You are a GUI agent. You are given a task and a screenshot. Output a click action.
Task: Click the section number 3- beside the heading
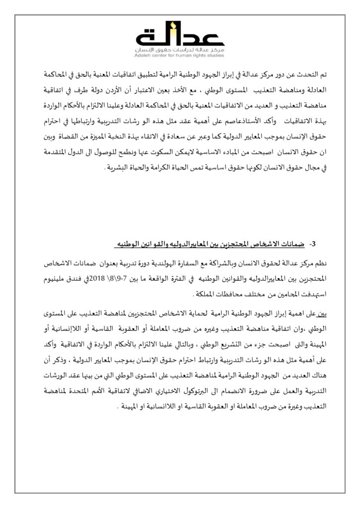pyautogui.click(x=313, y=244)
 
